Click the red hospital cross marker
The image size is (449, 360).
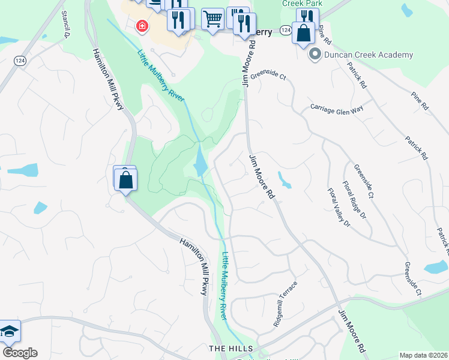click(142, 26)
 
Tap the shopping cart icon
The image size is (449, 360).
click(212, 19)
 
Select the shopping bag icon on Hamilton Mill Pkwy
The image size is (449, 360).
click(125, 179)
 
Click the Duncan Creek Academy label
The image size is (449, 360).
click(368, 55)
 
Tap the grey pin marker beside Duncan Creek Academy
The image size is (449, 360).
click(314, 55)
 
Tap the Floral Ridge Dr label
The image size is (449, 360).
click(354, 200)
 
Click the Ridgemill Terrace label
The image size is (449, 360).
click(285, 304)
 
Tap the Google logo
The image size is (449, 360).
click(20, 353)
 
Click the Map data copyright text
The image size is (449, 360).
click(424, 355)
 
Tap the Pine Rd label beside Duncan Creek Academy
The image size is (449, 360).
click(326, 35)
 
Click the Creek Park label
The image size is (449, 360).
click(303, 4)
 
